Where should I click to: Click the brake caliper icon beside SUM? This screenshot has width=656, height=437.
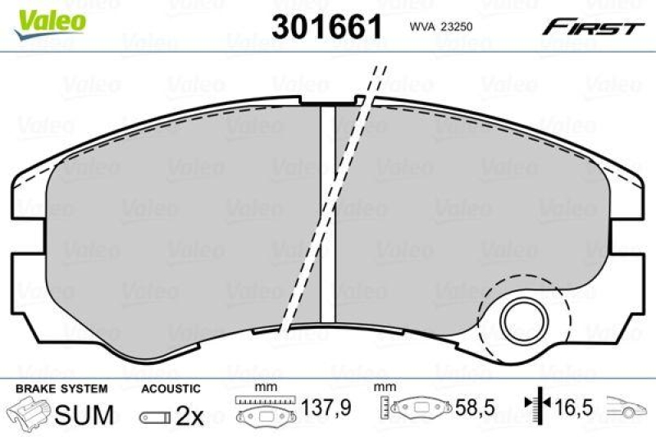(x=28, y=414)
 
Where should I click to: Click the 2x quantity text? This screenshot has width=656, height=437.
(x=190, y=416)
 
